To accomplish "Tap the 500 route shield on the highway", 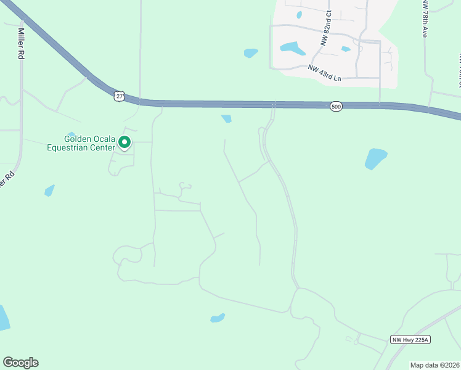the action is pyautogui.click(x=335, y=107).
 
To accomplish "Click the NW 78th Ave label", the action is pyautogui.click(x=425, y=18).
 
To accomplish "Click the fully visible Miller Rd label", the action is pyautogui.click(x=21, y=43).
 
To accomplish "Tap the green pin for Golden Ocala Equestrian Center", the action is pyautogui.click(x=124, y=143).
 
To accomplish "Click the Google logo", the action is pyautogui.click(x=21, y=363).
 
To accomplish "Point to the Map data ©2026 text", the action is pyautogui.click(x=434, y=365).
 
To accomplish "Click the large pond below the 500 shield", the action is pyautogui.click(x=375, y=158).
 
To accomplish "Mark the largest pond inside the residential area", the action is pyautogui.click(x=292, y=47).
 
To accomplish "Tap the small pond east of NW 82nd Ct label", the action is pyautogui.click(x=346, y=49).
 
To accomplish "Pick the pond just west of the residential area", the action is pyautogui.click(x=251, y=53).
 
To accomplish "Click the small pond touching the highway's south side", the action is pyautogui.click(x=226, y=118).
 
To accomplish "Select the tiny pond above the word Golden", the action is pyautogui.click(x=71, y=134).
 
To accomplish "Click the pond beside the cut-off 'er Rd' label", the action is pyautogui.click(x=49, y=191).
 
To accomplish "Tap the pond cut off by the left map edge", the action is pyautogui.click(x=3, y=318).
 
